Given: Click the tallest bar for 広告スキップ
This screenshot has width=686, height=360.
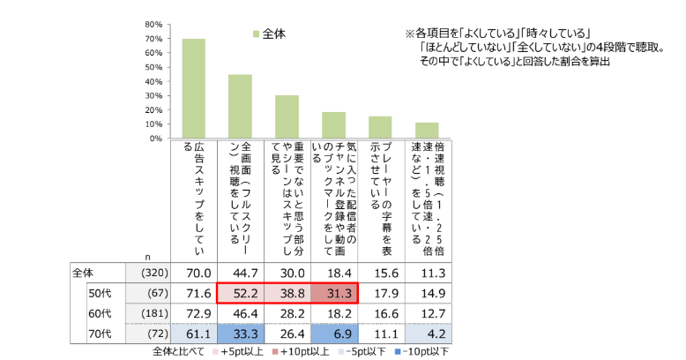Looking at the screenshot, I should pos(193,89).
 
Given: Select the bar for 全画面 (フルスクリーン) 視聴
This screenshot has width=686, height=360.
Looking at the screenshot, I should pos(240,107).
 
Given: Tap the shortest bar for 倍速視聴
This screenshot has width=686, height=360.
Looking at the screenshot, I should pos(427,131).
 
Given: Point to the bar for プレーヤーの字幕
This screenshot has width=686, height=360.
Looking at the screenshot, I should pos(380,127).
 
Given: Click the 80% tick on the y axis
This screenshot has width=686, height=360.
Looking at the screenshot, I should pos(151,24).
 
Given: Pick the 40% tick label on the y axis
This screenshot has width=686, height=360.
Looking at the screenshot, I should pos(151,81).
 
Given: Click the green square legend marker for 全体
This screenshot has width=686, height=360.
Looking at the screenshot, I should pos(257,34).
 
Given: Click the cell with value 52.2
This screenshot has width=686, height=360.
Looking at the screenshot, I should pos(240,294).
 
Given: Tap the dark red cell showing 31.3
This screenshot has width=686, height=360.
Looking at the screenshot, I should pos(333,294).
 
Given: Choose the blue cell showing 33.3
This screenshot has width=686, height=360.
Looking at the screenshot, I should pos(240,334).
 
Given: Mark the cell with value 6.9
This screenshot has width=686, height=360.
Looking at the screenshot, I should pos(333,334).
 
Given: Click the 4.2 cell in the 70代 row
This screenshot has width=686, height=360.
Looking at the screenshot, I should pos(427,334).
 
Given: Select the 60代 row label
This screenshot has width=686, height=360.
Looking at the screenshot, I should pos(99,314).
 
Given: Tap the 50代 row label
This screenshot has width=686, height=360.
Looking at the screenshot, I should pos(99,294).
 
